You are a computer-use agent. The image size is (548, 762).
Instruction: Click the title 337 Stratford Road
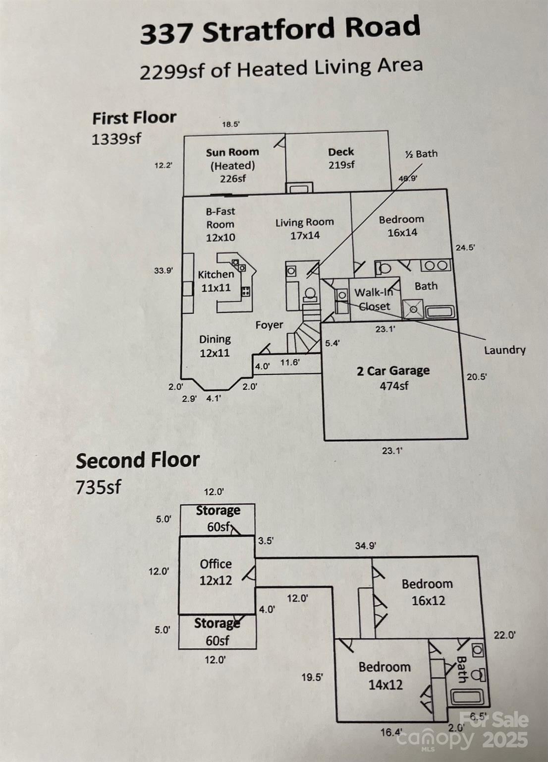[x=280, y=30]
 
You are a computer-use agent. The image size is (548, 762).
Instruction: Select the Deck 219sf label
[x=341, y=158]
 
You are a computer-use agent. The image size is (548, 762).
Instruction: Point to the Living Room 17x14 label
[x=305, y=229]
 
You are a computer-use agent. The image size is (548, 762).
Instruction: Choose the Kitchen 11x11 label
[x=216, y=281]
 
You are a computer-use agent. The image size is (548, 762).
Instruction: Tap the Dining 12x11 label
[x=215, y=346]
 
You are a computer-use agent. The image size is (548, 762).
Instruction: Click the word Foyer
[x=269, y=325]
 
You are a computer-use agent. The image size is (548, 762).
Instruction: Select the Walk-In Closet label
[x=374, y=299]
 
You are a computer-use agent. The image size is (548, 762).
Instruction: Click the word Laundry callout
[x=504, y=350]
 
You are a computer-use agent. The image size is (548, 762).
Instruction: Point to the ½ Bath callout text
[x=421, y=154]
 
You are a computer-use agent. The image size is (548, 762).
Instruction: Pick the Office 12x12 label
[x=216, y=572]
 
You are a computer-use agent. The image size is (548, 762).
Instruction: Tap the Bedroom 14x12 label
[x=384, y=676]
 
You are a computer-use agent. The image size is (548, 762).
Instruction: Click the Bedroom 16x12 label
[x=427, y=592]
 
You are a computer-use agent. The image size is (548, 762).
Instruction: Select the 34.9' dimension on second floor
[x=365, y=546]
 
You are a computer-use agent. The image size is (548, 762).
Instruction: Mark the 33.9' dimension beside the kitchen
[x=164, y=271]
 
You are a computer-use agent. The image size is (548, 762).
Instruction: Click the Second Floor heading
[x=138, y=460]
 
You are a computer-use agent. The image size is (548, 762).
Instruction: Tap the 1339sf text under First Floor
[x=116, y=139]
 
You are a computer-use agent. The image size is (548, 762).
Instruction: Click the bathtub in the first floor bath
[x=440, y=312]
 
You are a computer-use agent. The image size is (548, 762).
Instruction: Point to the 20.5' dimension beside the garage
[x=477, y=377]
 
